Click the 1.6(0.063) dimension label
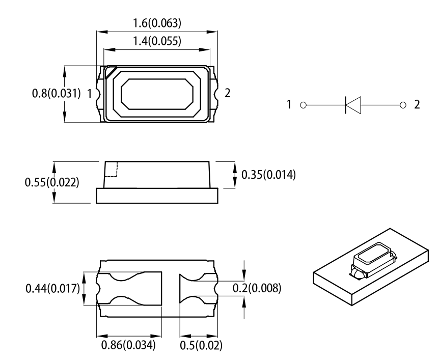coord(157,23)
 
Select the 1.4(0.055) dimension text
coord(157,41)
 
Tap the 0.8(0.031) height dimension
coord(56,94)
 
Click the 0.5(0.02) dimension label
coord(200,346)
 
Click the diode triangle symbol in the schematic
coord(352,105)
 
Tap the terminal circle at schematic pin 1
coord(303,105)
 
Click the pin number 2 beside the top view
coord(228,93)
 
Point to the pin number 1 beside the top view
coord(90,94)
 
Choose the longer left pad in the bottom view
coord(129,289)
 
